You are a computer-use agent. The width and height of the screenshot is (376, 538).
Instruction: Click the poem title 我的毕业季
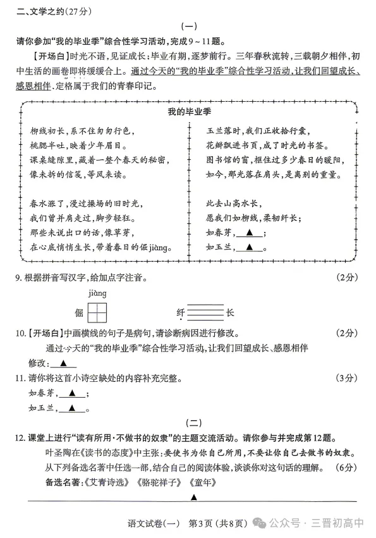(x=188, y=112)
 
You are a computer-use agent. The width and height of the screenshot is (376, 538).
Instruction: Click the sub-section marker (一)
(x=188, y=27)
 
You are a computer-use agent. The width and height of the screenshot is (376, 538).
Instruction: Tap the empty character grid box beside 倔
(x=97, y=312)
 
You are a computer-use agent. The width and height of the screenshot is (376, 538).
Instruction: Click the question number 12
(x=20, y=438)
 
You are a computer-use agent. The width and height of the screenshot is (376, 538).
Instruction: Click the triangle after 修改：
(x=63, y=364)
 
